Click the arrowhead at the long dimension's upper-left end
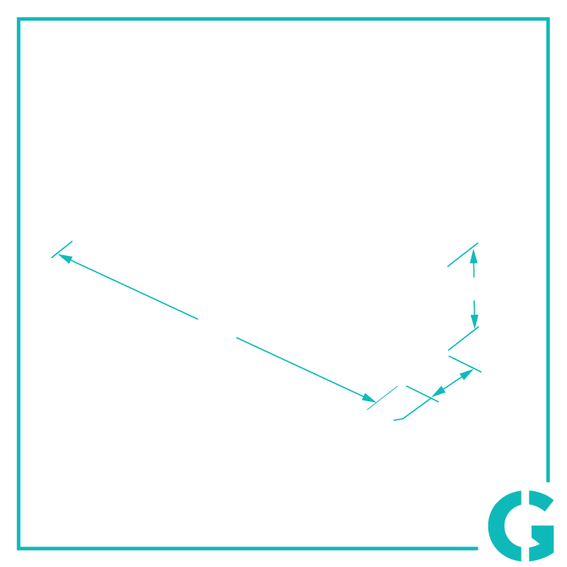pyautogui.click(x=64, y=259)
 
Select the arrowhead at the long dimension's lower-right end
pyautogui.click(x=369, y=398)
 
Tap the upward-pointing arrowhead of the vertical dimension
pyautogui.click(x=473, y=257)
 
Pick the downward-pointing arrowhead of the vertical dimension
pyautogui.click(x=474, y=322)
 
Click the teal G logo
pyautogui.click(x=521, y=525)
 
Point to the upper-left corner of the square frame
pyautogui.click(x=18, y=19)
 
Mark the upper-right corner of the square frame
pyautogui.click(x=548, y=19)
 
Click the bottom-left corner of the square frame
pyautogui.click(x=18, y=549)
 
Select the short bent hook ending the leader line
pyautogui.click(x=398, y=420)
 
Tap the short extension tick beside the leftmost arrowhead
pyautogui.click(x=62, y=249)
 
